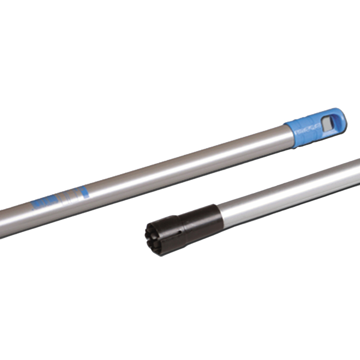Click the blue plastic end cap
tap(315, 127)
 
